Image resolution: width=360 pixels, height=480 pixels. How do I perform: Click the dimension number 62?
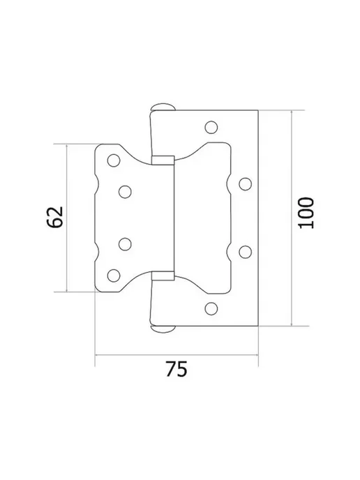[55, 217]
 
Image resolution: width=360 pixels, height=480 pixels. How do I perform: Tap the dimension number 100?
[306, 213]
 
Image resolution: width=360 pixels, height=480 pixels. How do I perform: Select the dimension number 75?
[177, 369]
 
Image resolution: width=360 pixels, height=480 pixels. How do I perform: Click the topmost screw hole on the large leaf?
[211, 128]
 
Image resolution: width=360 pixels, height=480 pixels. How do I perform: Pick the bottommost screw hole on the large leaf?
[211, 308]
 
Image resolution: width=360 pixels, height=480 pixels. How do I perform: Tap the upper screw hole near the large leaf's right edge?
[246, 184]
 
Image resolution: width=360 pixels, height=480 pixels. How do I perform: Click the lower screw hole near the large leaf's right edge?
[246, 252]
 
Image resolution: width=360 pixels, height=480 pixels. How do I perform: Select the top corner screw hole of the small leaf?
[114, 160]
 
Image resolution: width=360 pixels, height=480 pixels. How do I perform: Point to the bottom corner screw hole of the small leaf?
[114, 276]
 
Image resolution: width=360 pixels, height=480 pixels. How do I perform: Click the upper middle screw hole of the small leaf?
[125, 192]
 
